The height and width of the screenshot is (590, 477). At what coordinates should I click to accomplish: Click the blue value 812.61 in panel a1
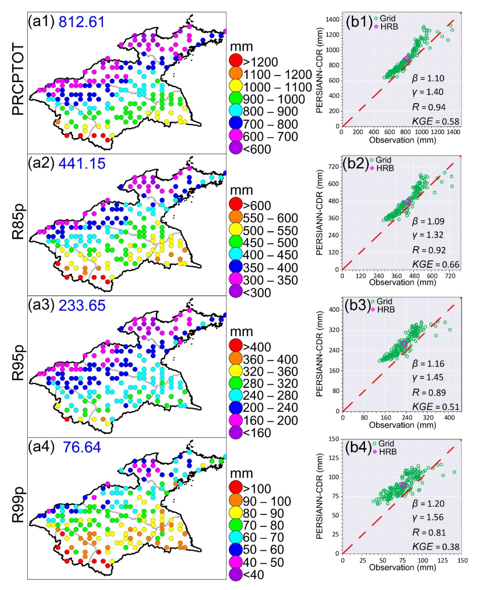[x=82, y=22]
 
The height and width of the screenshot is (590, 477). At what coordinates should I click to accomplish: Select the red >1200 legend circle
[x=236, y=62]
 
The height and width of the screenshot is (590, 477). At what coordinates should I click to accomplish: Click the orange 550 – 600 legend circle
[x=236, y=218]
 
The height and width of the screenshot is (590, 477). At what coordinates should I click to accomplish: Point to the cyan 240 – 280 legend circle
[x=236, y=396]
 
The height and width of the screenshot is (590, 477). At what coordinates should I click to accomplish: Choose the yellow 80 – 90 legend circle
[x=236, y=513]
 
